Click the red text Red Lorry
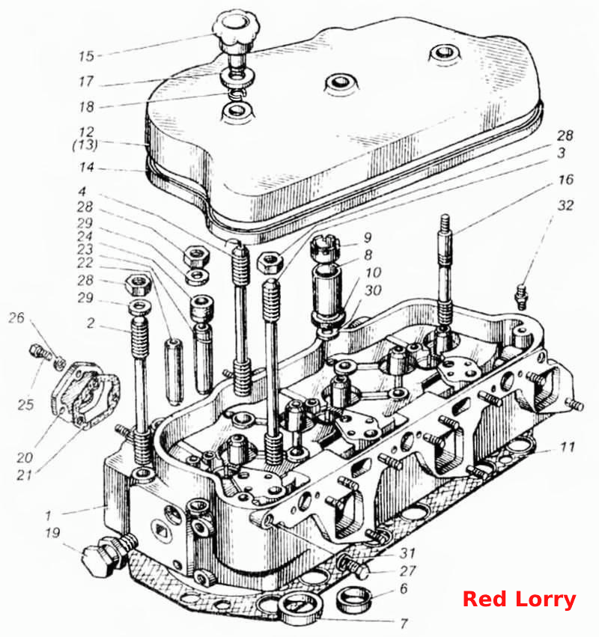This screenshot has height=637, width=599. [520, 600]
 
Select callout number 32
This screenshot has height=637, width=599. [565, 205]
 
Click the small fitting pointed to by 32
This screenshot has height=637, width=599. [521, 297]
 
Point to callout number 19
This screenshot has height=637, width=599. [53, 533]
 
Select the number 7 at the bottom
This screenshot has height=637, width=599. [403, 623]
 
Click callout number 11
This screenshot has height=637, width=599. [568, 448]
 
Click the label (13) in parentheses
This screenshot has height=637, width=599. [85, 144]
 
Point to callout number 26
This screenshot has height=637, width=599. [16, 317]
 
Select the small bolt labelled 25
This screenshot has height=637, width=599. [40, 352]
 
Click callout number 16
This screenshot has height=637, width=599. [565, 179]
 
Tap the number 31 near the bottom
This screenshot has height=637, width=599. [407, 552]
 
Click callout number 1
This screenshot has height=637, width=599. [49, 516]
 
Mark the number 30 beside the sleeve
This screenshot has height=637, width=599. [373, 290]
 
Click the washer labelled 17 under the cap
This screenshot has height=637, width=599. [238, 77]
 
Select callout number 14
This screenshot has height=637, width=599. [87, 167]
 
